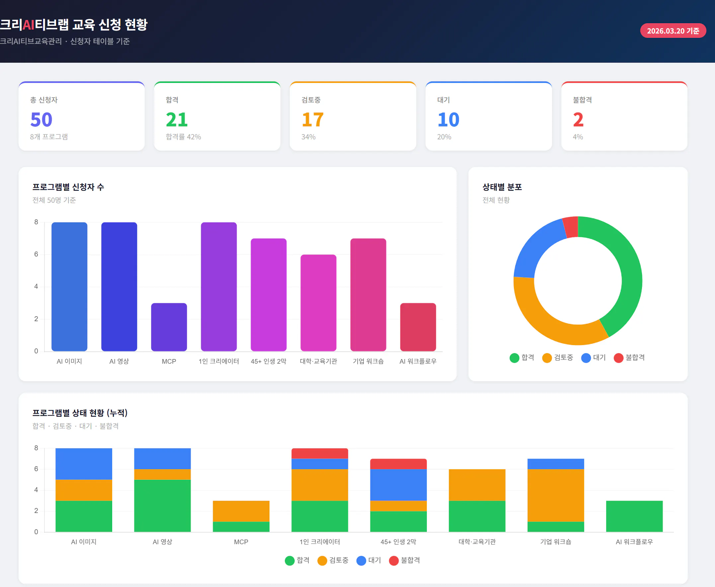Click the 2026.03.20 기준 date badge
click(x=673, y=31)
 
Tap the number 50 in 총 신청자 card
click(x=41, y=120)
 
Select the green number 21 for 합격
click(x=177, y=120)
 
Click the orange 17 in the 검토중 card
click(x=312, y=120)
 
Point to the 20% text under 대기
click(x=444, y=137)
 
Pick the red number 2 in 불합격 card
click(x=578, y=120)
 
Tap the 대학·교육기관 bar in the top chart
click(x=318, y=303)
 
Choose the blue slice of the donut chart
click(x=538, y=249)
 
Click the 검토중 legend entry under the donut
click(x=558, y=357)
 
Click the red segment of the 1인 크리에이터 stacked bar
click(x=320, y=453)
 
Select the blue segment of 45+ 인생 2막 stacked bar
click(x=398, y=484)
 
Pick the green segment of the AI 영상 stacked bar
click(x=162, y=505)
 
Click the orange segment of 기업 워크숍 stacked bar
click(x=555, y=495)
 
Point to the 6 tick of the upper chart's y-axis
click(x=36, y=254)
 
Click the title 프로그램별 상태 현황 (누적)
click(x=80, y=413)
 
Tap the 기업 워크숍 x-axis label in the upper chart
click(x=368, y=361)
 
